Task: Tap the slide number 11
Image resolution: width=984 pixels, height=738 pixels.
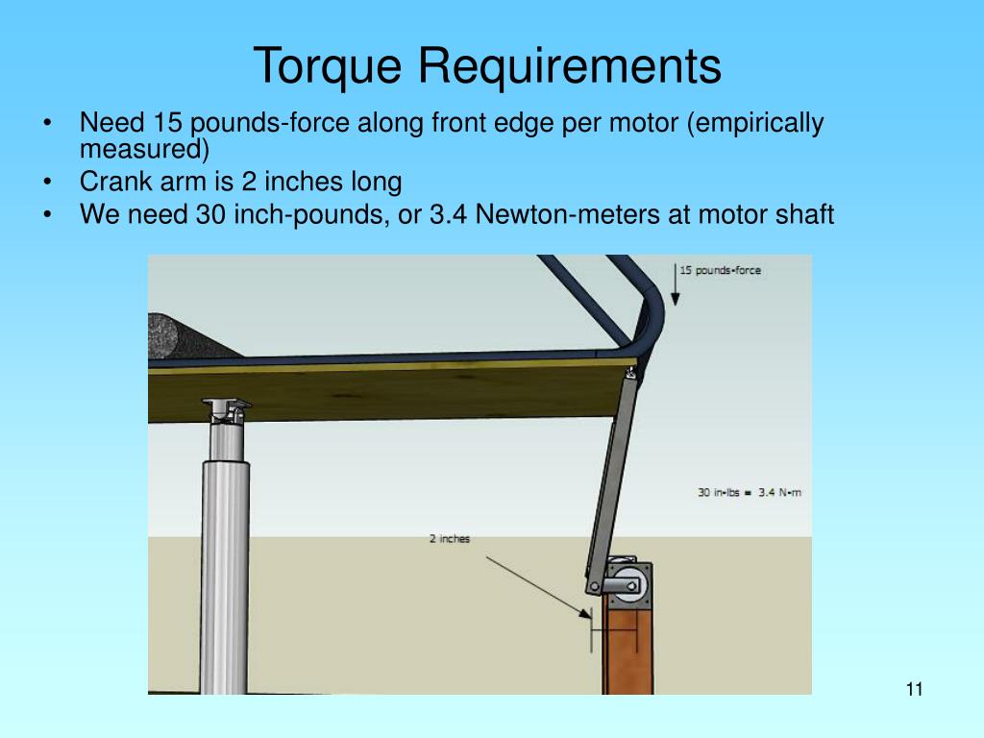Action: pos(914,689)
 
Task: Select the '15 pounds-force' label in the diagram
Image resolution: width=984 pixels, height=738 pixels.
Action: pos(720,270)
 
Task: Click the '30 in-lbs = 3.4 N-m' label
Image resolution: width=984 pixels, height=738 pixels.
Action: pos(750,492)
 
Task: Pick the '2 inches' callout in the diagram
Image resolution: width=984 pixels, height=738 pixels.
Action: pos(449,539)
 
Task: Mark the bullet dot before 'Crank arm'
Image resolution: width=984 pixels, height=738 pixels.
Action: pos(48,182)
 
